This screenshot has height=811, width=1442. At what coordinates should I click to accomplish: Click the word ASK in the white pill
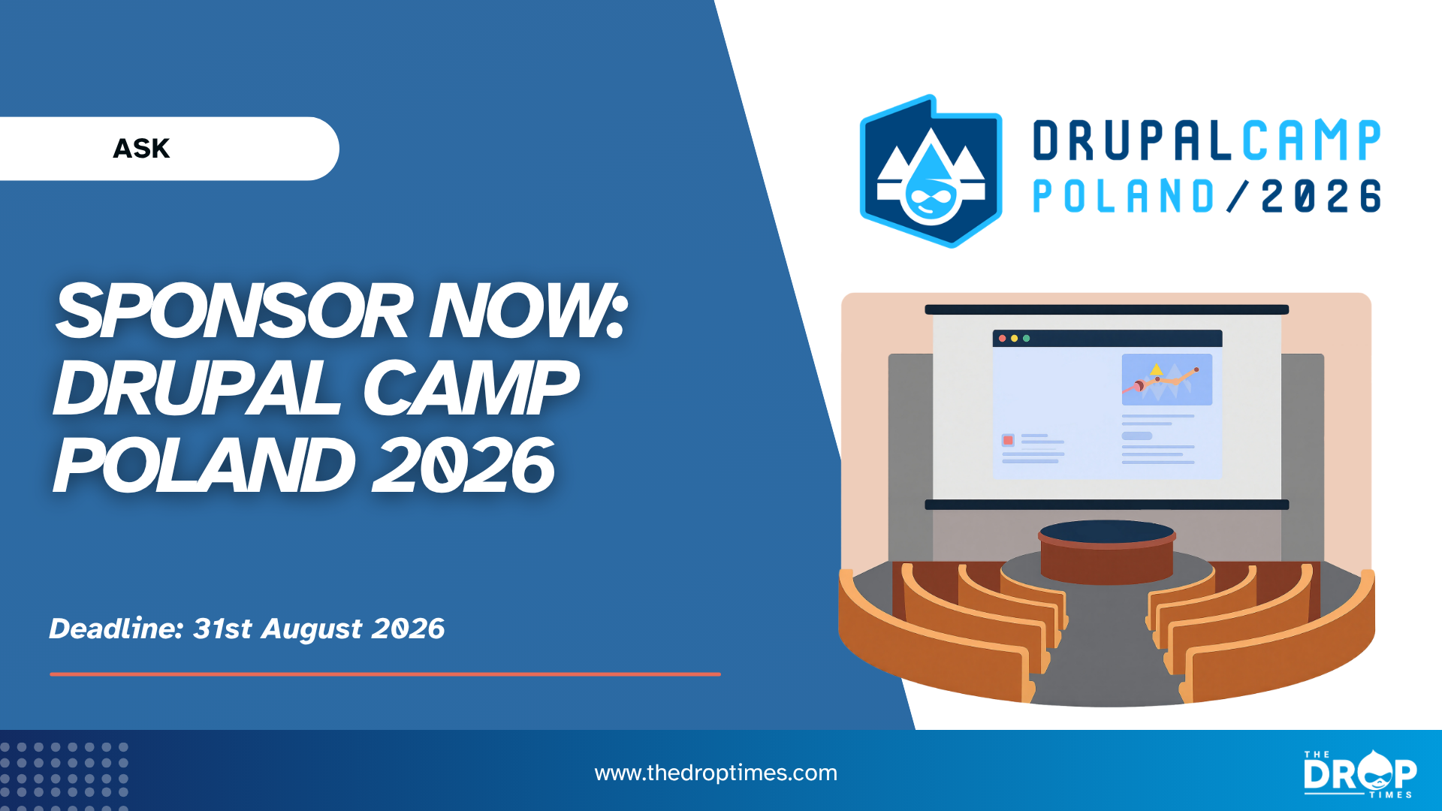pos(141,149)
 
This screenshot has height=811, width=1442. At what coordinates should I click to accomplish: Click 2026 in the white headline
pos(463,465)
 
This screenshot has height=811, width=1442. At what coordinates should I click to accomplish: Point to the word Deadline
pos(116,628)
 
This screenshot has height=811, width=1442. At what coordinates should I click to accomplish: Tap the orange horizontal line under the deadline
pos(385,674)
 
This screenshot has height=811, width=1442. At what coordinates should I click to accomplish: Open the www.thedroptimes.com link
pos(716,773)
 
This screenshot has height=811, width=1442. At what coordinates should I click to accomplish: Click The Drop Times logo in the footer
pos(1360,773)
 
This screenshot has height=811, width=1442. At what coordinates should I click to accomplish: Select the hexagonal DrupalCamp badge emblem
pos(931,171)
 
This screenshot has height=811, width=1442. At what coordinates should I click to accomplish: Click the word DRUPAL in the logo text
pos(1132,140)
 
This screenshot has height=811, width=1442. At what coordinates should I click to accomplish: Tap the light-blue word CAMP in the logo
pos(1311,140)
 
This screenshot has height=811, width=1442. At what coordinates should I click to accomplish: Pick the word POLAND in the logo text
pos(1124,196)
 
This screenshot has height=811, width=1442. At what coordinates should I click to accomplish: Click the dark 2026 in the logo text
pos(1321,196)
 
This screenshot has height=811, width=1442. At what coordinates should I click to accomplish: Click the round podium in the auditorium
pos(1107,552)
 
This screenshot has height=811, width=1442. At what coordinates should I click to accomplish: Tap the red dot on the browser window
pos(1003,339)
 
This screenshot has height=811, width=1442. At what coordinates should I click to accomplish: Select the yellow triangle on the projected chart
pos(1157,369)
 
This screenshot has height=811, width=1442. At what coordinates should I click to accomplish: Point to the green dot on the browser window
pos(1027,339)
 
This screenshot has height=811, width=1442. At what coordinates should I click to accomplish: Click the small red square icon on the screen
pos(1008,440)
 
